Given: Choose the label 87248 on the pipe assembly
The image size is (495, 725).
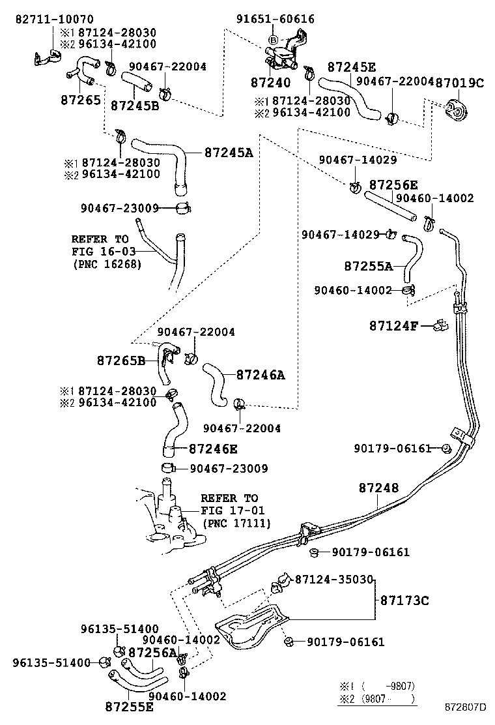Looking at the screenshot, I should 378,488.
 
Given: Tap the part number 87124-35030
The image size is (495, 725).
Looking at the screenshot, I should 333,579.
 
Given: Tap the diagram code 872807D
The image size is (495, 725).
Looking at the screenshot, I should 465,707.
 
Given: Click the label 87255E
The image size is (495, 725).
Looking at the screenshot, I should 129,706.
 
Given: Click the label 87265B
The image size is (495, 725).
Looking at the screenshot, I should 121,360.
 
